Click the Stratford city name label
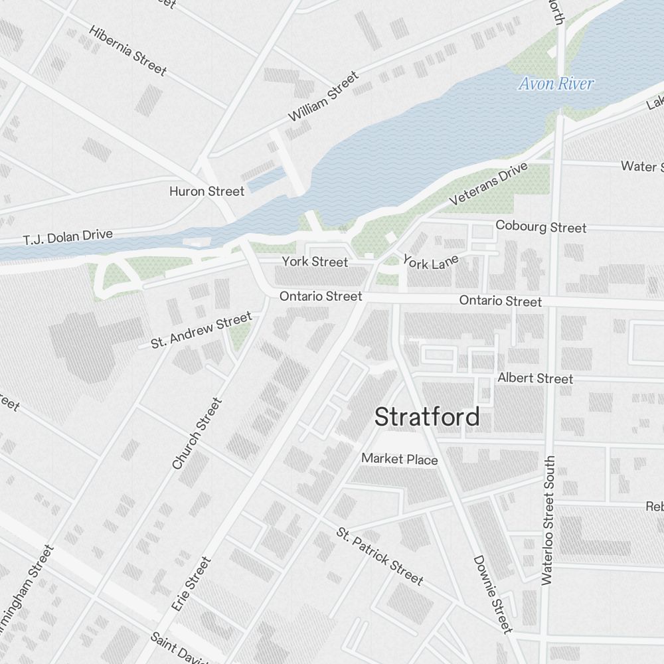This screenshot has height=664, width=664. point(427,417)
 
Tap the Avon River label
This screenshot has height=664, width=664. point(556,84)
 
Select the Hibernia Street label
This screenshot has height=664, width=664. point(127,51)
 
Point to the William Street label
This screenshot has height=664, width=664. point(323,97)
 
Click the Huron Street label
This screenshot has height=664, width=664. point(207,191)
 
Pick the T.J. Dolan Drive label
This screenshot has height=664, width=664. point(68,237)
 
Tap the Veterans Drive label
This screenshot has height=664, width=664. point(488,183)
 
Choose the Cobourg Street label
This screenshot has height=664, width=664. point(541,227)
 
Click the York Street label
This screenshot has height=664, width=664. point(315,262)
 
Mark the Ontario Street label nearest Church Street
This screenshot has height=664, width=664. point(321,296)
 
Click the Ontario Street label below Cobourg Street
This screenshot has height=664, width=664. point(501,301)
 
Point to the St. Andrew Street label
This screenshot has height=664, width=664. point(201,331)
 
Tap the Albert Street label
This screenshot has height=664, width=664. point(535,378)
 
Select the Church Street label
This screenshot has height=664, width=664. point(197,434)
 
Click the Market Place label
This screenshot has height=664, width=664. point(400,459)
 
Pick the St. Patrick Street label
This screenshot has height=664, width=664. point(380,556)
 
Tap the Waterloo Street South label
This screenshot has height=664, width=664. point(548,520)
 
